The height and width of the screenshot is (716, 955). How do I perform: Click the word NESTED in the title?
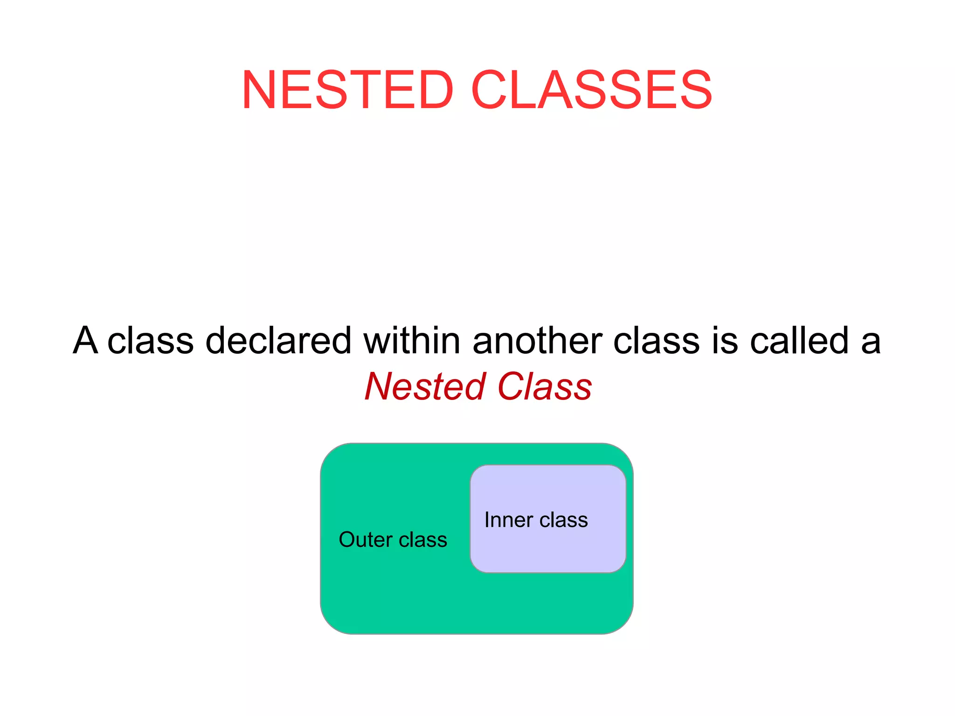(x=347, y=89)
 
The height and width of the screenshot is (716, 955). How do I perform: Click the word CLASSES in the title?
(x=591, y=89)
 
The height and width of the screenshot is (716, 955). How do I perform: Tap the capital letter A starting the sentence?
(x=85, y=340)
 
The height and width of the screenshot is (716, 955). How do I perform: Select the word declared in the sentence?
(x=278, y=340)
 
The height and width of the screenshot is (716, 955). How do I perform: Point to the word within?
(x=412, y=340)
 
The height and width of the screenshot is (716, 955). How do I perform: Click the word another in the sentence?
(x=537, y=340)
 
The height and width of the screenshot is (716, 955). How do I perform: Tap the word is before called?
(x=725, y=340)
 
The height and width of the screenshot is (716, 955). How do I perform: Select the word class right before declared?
(x=150, y=340)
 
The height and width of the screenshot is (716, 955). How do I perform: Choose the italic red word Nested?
(x=425, y=386)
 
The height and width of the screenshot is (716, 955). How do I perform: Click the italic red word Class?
(x=545, y=386)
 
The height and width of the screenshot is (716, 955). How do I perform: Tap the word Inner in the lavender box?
(x=508, y=520)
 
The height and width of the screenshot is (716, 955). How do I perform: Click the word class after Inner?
(x=563, y=520)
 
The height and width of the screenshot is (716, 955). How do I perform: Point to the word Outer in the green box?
(x=365, y=539)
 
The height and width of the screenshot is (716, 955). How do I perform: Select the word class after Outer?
(x=422, y=539)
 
